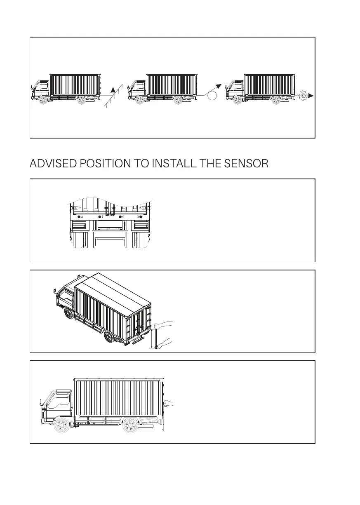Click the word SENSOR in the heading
[246, 164]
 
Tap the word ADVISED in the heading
[53, 164]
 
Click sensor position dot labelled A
[78, 216]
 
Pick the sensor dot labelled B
[99, 216]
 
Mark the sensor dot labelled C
[120, 216]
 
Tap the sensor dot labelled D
[141, 216]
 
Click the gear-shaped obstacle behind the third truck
[304, 96]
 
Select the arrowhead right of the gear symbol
[311, 96]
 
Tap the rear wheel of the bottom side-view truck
[131, 426]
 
